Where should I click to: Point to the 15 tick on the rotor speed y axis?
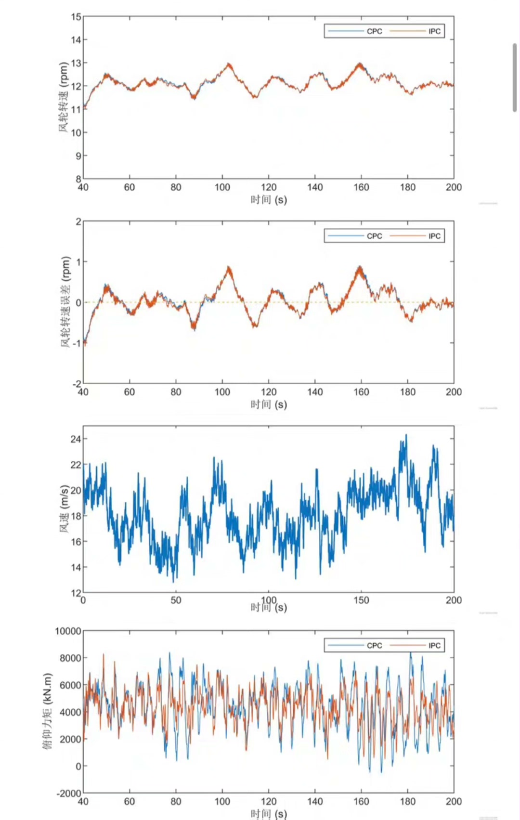[x=76, y=17]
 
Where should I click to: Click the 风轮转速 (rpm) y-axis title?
[x=64, y=98]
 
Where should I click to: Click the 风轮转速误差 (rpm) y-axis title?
[x=65, y=302]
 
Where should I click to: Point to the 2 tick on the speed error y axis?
[x=78, y=221]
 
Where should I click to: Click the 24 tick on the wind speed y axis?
[x=76, y=439]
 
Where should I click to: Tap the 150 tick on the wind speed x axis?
[x=361, y=600]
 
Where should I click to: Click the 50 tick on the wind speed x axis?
[x=176, y=600]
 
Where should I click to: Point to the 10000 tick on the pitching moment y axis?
[x=68, y=631]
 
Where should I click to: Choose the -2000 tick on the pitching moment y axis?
[x=68, y=793]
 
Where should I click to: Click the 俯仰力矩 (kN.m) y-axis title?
[x=47, y=712]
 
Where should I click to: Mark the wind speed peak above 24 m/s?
[x=406, y=435]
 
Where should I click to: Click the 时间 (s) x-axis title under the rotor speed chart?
[x=268, y=199]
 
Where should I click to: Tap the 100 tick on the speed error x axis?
[x=222, y=392]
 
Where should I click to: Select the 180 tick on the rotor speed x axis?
[x=407, y=187]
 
